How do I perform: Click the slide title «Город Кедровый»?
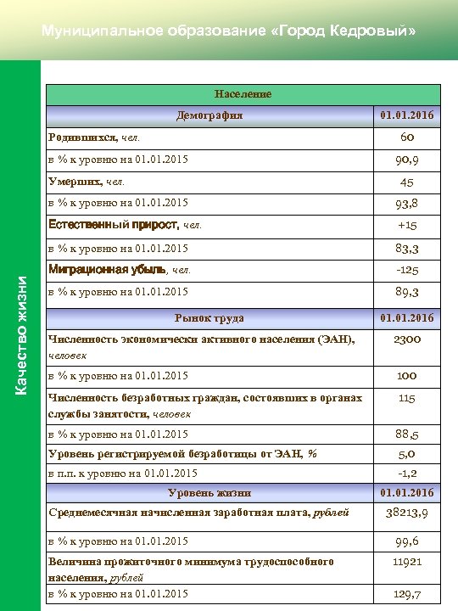point(229,31)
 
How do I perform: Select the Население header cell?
point(243,94)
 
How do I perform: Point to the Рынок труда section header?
point(209,318)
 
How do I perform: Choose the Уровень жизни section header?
point(209,492)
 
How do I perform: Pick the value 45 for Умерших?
point(406,182)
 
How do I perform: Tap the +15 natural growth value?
point(406,226)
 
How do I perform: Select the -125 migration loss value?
point(406,270)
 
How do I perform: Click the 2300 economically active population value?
point(406,339)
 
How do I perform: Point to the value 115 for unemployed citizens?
point(406,398)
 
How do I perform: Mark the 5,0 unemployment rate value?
point(406,454)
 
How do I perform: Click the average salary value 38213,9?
point(406,513)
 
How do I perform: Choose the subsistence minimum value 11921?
point(406,562)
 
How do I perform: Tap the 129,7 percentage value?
point(406,594)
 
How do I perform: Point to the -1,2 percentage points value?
point(406,473)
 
